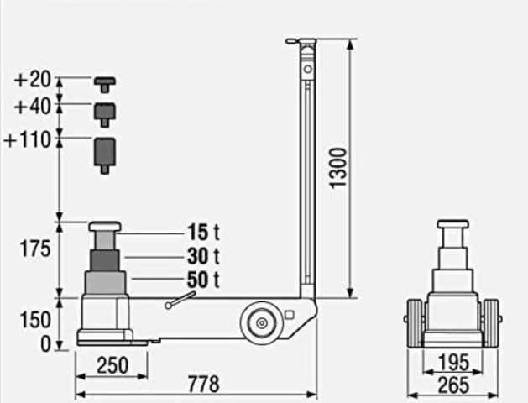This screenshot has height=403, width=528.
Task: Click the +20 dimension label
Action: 33,80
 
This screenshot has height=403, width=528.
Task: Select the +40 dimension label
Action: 33,107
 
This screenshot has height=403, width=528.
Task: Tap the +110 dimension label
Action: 28,139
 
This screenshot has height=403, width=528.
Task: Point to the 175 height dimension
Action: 35,249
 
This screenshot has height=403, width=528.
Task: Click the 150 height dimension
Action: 35,320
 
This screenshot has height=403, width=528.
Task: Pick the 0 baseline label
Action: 45,344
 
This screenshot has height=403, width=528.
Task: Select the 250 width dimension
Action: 112,365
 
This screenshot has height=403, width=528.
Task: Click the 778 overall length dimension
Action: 203,385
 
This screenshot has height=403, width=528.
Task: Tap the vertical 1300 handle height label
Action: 337,168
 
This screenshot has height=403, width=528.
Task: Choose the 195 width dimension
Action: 453,362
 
